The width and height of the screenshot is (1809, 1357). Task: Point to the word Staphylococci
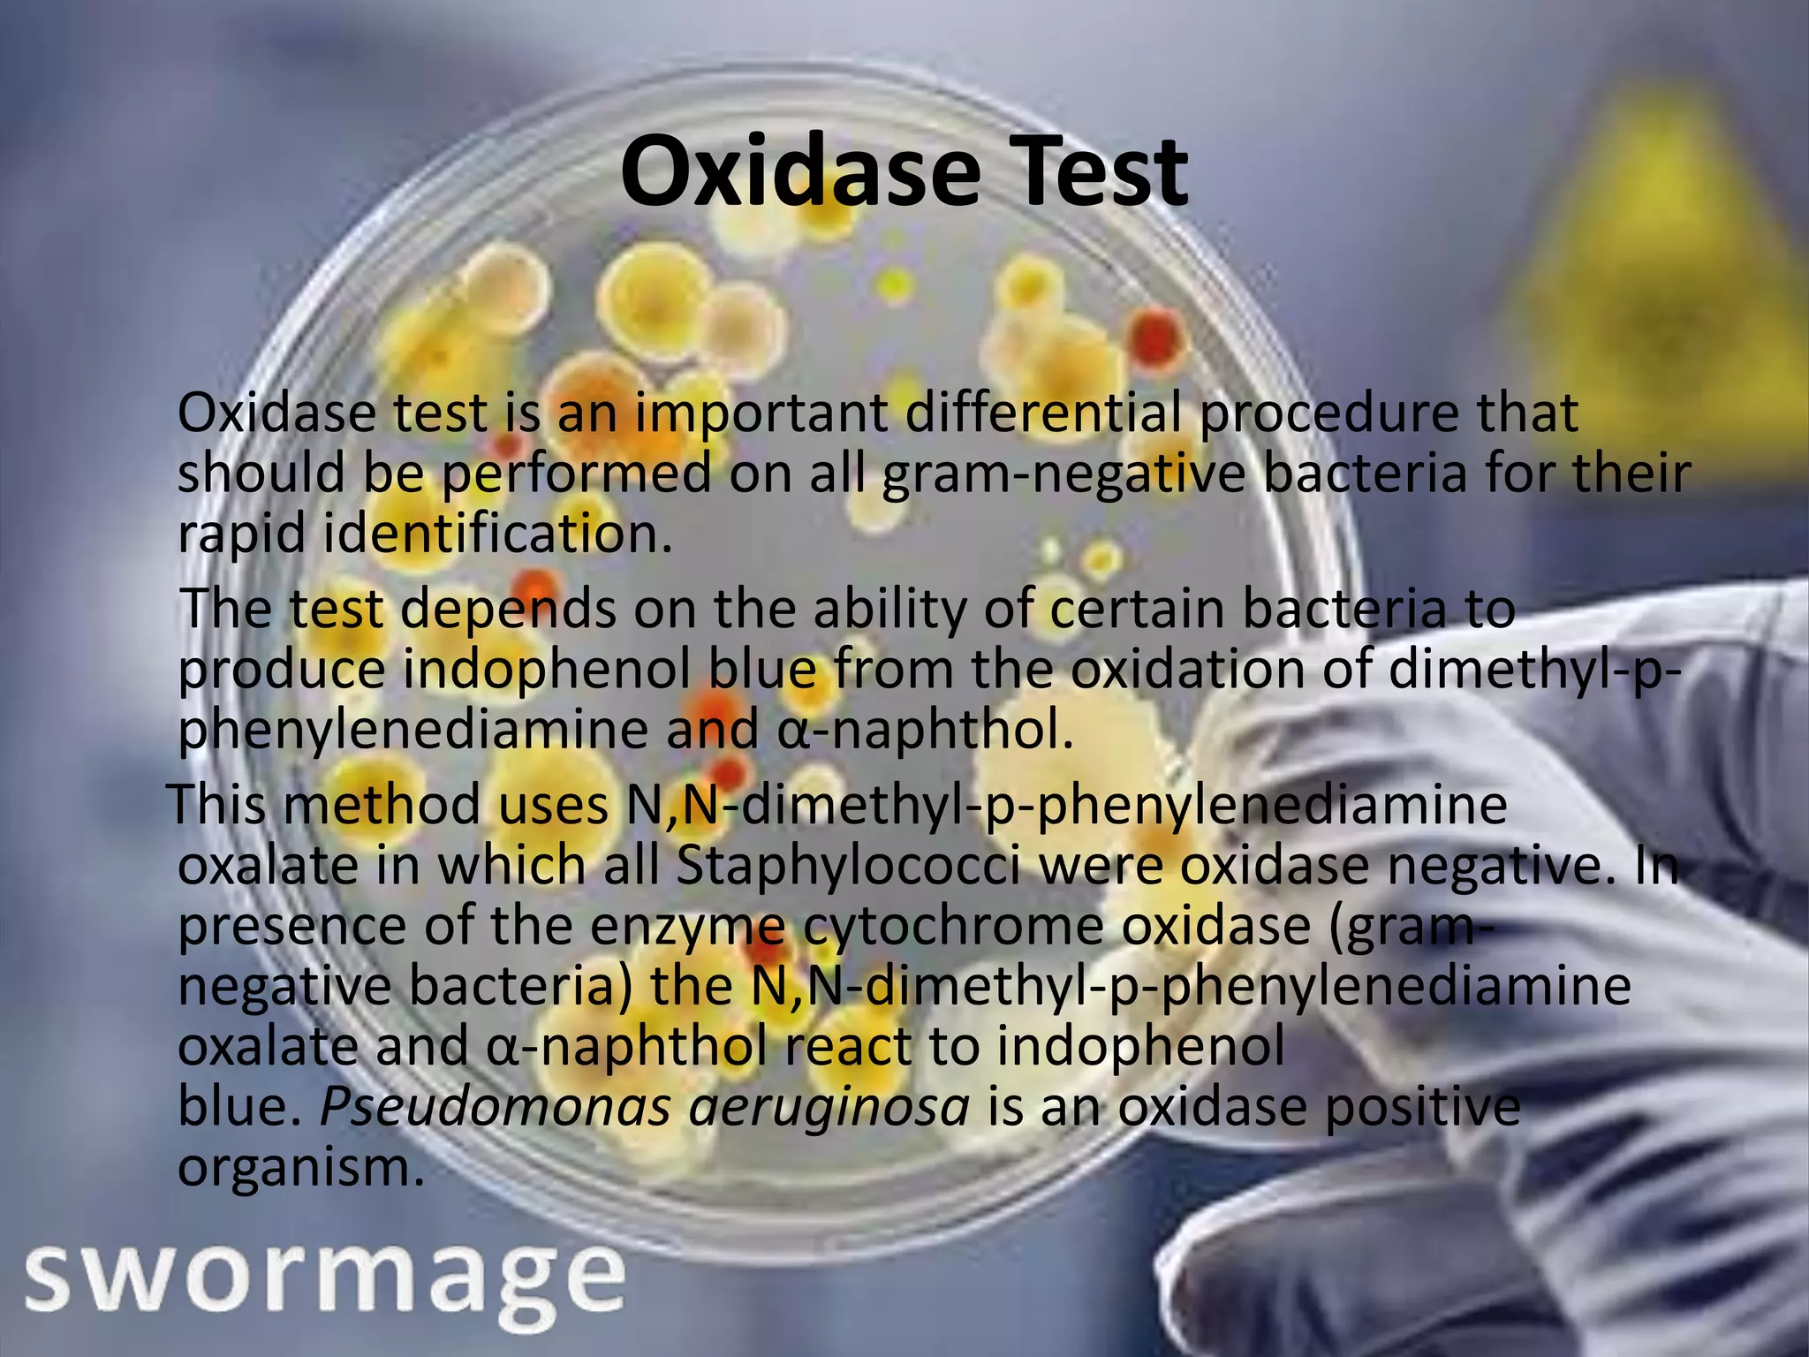tap(848, 868)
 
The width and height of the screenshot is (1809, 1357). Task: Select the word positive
tap(1422, 1108)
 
